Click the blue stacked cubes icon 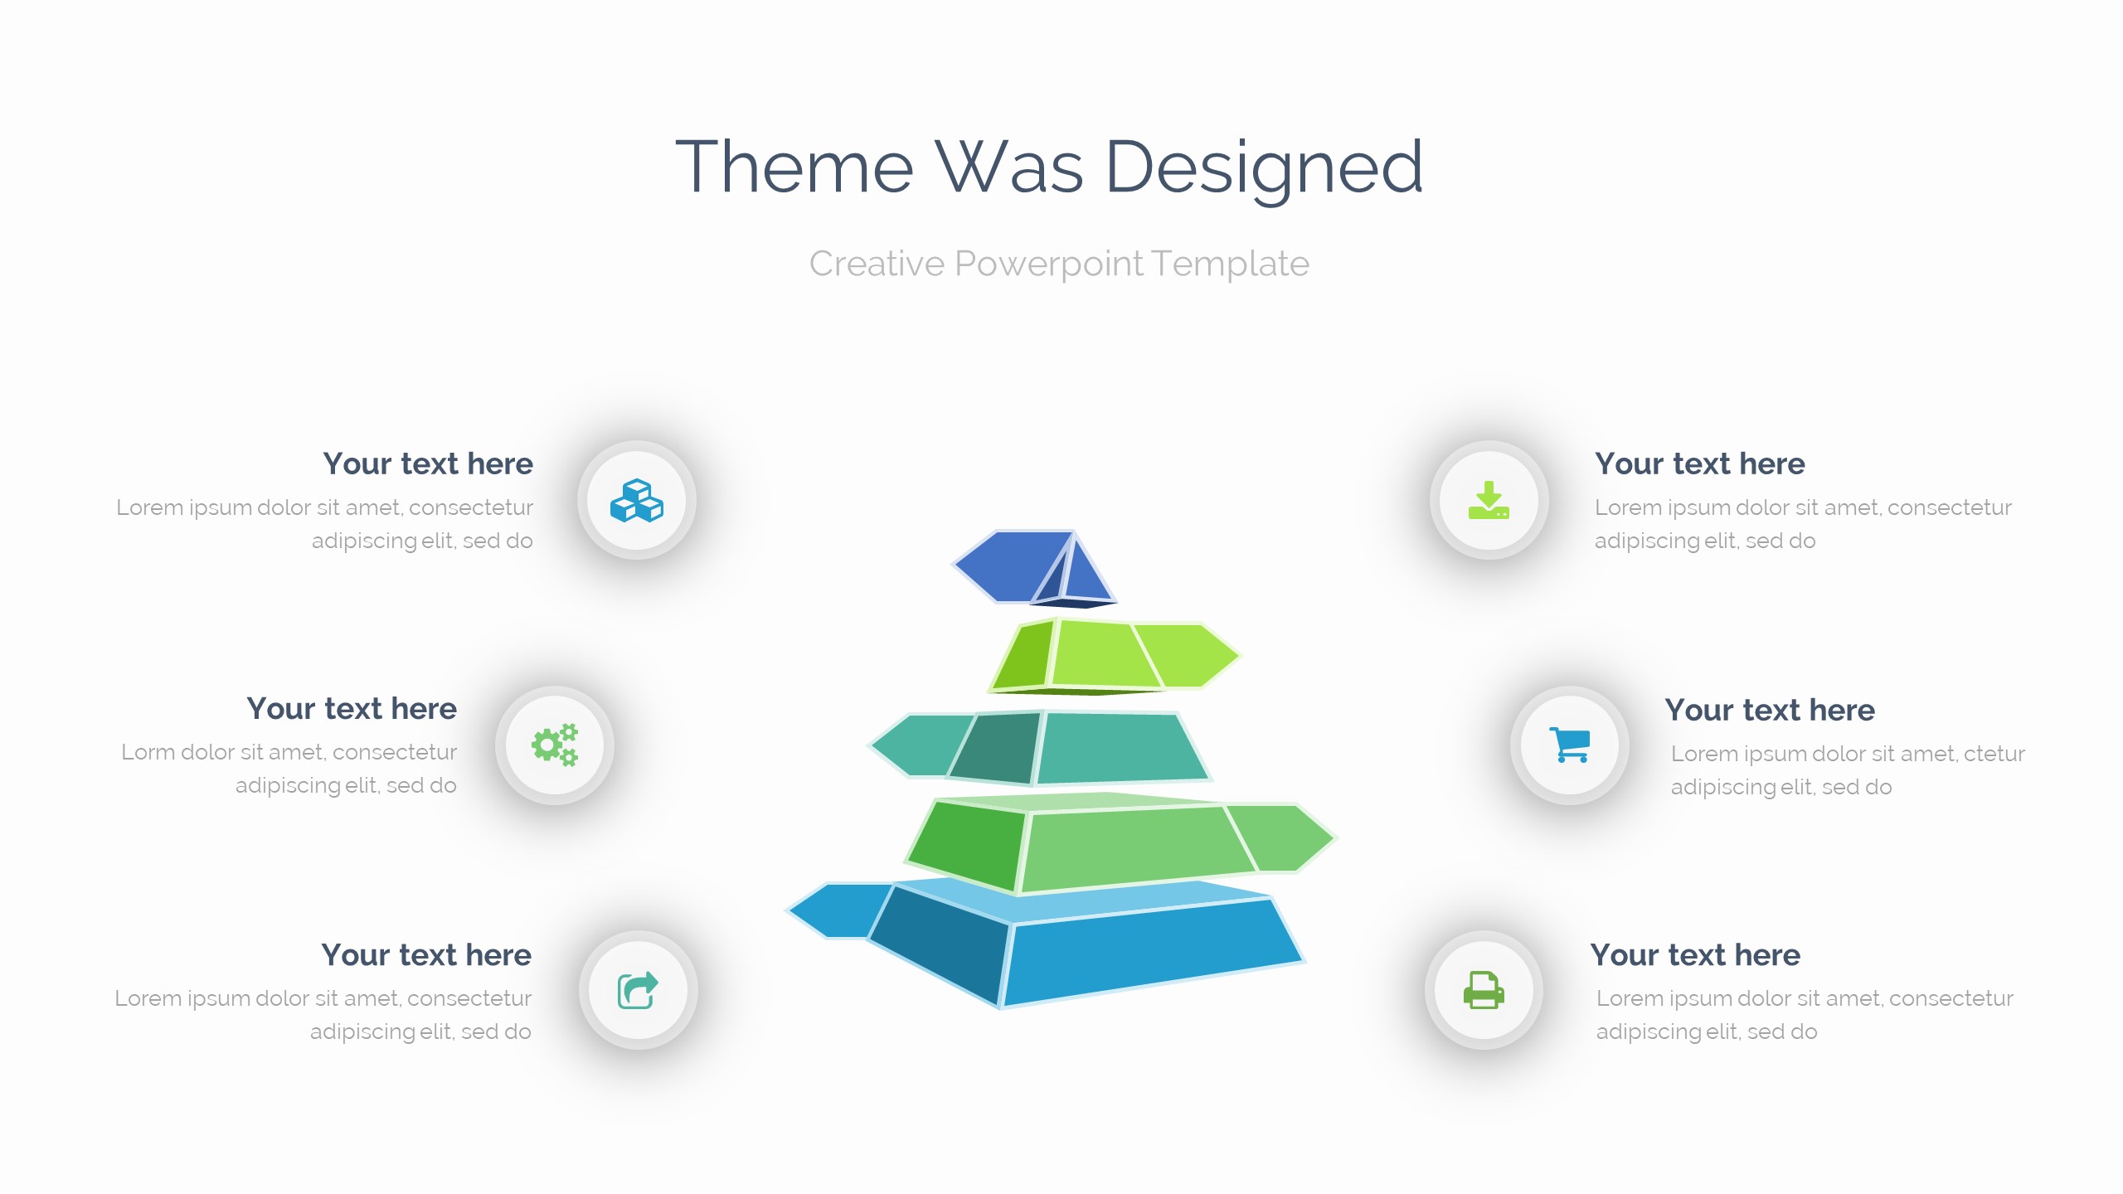pyautogui.click(x=637, y=501)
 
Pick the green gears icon pyautogui.click(x=555, y=745)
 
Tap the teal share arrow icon pyautogui.click(x=638, y=990)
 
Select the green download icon pyautogui.click(x=1489, y=500)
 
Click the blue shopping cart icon pyautogui.click(x=1570, y=745)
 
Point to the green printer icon pyautogui.click(x=1484, y=990)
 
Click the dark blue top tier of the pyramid pyautogui.click(x=1028, y=568)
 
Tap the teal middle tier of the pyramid pyautogui.click(x=1041, y=748)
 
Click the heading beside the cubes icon pyautogui.click(x=428, y=464)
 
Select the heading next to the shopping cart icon pyautogui.click(x=1770, y=710)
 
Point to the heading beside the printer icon pyautogui.click(x=1695, y=955)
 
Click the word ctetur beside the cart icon pyautogui.click(x=1994, y=754)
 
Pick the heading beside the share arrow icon pyautogui.click(x=426, y=955)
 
